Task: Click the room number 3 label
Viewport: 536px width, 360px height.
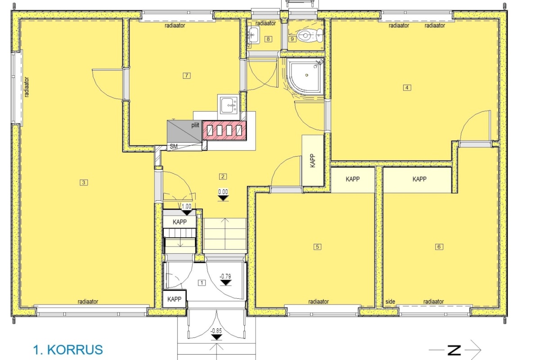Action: [84, 183]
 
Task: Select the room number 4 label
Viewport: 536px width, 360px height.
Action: [407, 87]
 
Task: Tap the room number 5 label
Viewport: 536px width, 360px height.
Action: [317, 247]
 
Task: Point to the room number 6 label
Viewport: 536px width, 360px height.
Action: [439, 247]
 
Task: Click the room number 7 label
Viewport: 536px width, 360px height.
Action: [187, 76]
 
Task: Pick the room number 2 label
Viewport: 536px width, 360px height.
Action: [223, 176]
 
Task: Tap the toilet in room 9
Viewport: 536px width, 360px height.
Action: [310, 35]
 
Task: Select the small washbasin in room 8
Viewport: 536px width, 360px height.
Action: [253, 35]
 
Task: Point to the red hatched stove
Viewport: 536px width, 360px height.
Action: [224, 130]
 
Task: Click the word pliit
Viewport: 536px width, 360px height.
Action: [195, 125]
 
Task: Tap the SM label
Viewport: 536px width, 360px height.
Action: [174, 146]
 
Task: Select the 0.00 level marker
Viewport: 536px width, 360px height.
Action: [223, 195]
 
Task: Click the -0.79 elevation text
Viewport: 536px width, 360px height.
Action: [225, 276]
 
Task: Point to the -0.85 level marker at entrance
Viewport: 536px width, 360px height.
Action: [216, 334]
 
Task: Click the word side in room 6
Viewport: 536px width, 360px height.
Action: [390, 301]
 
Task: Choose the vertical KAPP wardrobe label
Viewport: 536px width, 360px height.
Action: [312, 161]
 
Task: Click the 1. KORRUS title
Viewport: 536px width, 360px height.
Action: [68, 350]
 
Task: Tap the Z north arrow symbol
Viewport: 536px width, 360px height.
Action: [455, 350]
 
